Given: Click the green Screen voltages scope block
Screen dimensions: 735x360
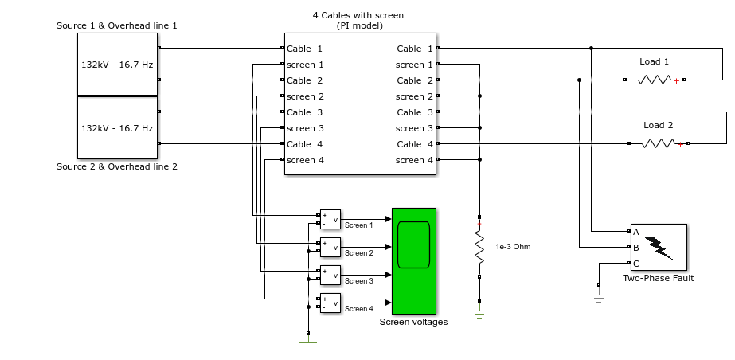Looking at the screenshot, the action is [414, 261].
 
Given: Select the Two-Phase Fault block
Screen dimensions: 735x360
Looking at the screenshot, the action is [659, 248].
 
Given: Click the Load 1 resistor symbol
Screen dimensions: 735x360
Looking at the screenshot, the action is [655, 80].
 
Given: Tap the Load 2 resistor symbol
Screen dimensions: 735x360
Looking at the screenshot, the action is [659, 143].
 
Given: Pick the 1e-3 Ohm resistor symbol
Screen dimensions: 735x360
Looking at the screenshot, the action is [479, 247].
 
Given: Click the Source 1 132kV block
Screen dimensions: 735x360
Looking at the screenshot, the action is [117, 64].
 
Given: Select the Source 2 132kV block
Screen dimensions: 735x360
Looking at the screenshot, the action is [117, 127].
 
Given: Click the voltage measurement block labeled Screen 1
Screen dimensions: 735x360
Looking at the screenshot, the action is [330, 219].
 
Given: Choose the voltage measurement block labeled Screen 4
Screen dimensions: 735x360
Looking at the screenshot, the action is [330, 303].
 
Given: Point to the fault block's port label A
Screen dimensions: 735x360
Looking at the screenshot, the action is [636, 232].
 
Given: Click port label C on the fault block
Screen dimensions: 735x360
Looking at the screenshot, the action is [636, 264].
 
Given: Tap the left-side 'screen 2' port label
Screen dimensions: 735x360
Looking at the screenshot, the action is [305, 96].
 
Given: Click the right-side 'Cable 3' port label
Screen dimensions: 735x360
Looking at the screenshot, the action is [415, 112].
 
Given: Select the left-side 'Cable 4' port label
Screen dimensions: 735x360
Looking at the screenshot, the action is [305, 144].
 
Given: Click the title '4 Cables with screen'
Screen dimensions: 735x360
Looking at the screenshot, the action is [358, 15].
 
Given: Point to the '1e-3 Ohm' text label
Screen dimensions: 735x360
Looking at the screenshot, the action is [514, 247].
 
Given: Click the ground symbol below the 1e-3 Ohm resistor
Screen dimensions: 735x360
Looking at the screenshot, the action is [479, 314].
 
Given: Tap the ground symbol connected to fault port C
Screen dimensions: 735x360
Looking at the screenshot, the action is [599, 298].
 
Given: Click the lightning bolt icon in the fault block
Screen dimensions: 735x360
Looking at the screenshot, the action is [658, 248].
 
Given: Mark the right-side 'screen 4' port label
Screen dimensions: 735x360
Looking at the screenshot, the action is [414, 160].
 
